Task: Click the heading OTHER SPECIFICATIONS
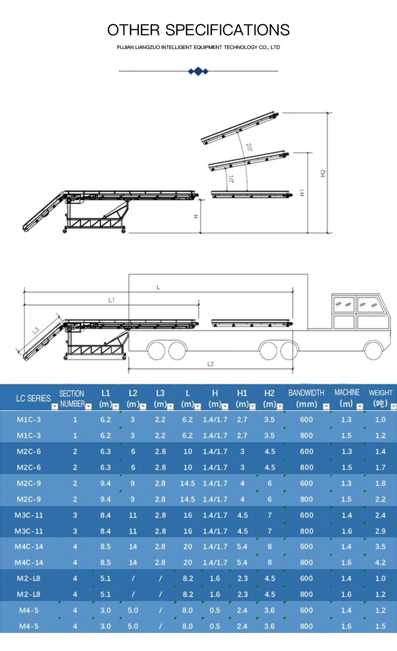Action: (x=198, y=30)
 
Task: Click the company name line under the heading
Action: (x=198, y=47)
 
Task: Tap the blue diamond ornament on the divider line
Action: (x=198, y=71)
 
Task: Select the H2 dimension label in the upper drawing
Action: (x=323, y=173)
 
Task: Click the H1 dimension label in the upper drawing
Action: (x=302, y=193)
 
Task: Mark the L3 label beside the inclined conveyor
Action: (x=36, y=330)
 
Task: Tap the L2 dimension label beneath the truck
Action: (x=210, y=364)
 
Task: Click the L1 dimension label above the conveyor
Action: (x=112, y=300)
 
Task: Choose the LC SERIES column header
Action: (x=33, y=398)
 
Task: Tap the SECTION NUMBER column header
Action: (x=72, y=398)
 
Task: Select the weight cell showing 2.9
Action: (x=380, y=531)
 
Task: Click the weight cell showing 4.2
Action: (x=380, y=562)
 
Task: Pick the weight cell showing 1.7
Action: (x=380, y=467)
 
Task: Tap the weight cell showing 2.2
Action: (x=380, y=499)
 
